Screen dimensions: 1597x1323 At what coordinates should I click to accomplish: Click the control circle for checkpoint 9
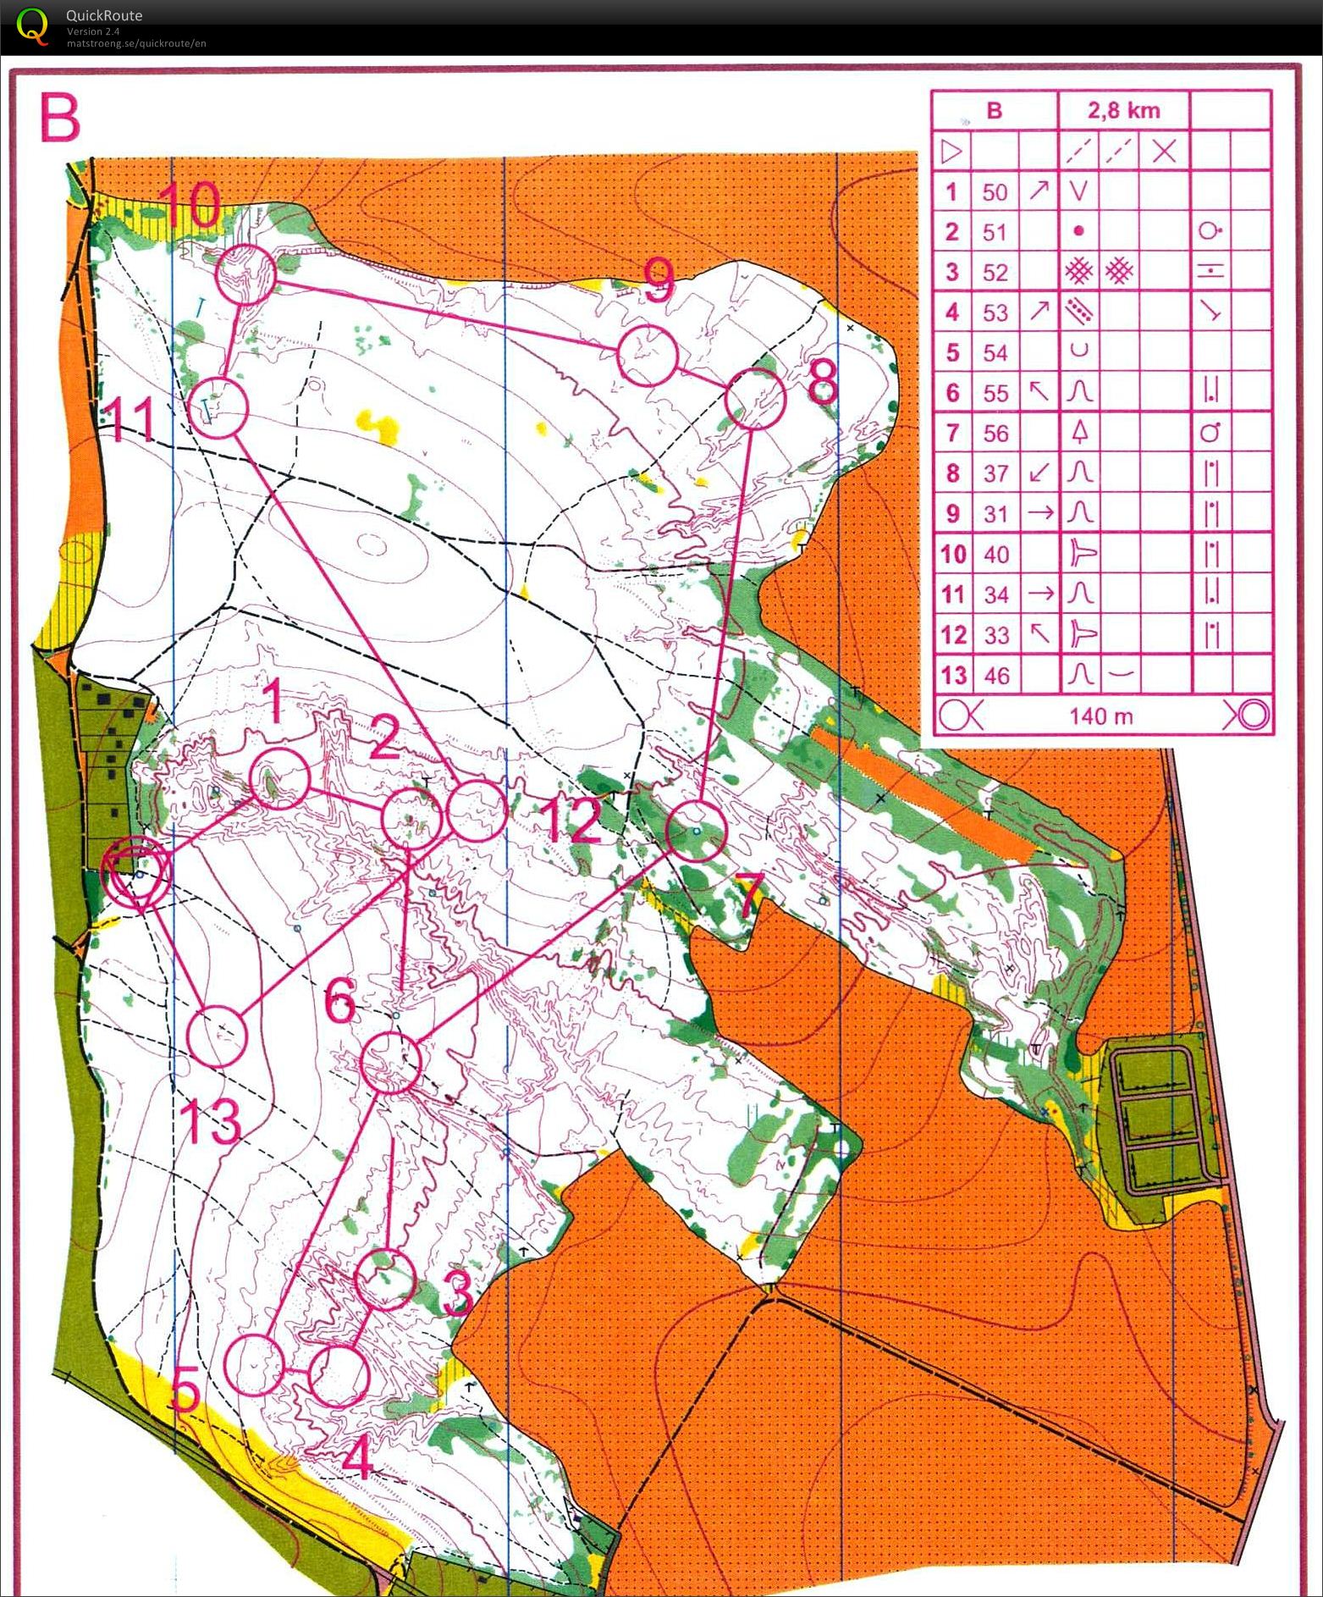coord(647,355)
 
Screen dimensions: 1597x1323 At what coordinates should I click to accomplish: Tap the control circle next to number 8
coord(756,399)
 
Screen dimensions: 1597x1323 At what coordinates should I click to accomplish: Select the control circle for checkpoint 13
coord(217,1036)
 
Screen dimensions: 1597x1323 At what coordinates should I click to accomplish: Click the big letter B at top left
coord(59,119)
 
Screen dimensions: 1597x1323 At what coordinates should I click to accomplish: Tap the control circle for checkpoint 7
coord(696,832)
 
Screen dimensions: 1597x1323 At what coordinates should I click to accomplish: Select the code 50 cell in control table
coord(995,192)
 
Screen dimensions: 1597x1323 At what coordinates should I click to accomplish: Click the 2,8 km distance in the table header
coord(1123,111)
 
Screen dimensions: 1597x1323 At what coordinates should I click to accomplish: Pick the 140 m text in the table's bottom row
coord(1100,716)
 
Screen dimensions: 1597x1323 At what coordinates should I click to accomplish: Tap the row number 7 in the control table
coord(952,434)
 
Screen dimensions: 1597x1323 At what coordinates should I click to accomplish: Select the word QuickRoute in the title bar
coord(104,15)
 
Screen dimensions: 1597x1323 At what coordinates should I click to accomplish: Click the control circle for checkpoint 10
coord(245,274)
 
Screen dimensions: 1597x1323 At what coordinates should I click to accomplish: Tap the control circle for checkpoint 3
coord(385,1279)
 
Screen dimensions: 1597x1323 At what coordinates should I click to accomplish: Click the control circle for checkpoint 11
coord(218,408)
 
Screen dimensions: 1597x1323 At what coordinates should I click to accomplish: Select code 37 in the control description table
coord(995,473)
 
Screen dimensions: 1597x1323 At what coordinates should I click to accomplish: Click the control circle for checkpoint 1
coord(280,778)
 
